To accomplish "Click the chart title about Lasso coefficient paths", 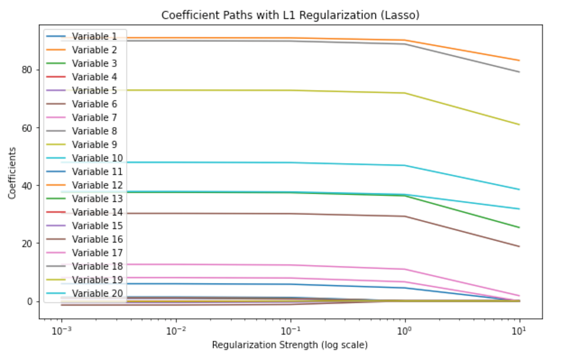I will pos(291,15).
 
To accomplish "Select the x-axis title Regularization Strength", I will pos(290,345).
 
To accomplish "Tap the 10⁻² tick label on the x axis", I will pos(176,329).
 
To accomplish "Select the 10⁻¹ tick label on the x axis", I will pos(290,329).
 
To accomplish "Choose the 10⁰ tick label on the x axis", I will pos(405,329).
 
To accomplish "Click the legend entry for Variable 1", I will pos(94,36).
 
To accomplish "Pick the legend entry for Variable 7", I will pos(94,117).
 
